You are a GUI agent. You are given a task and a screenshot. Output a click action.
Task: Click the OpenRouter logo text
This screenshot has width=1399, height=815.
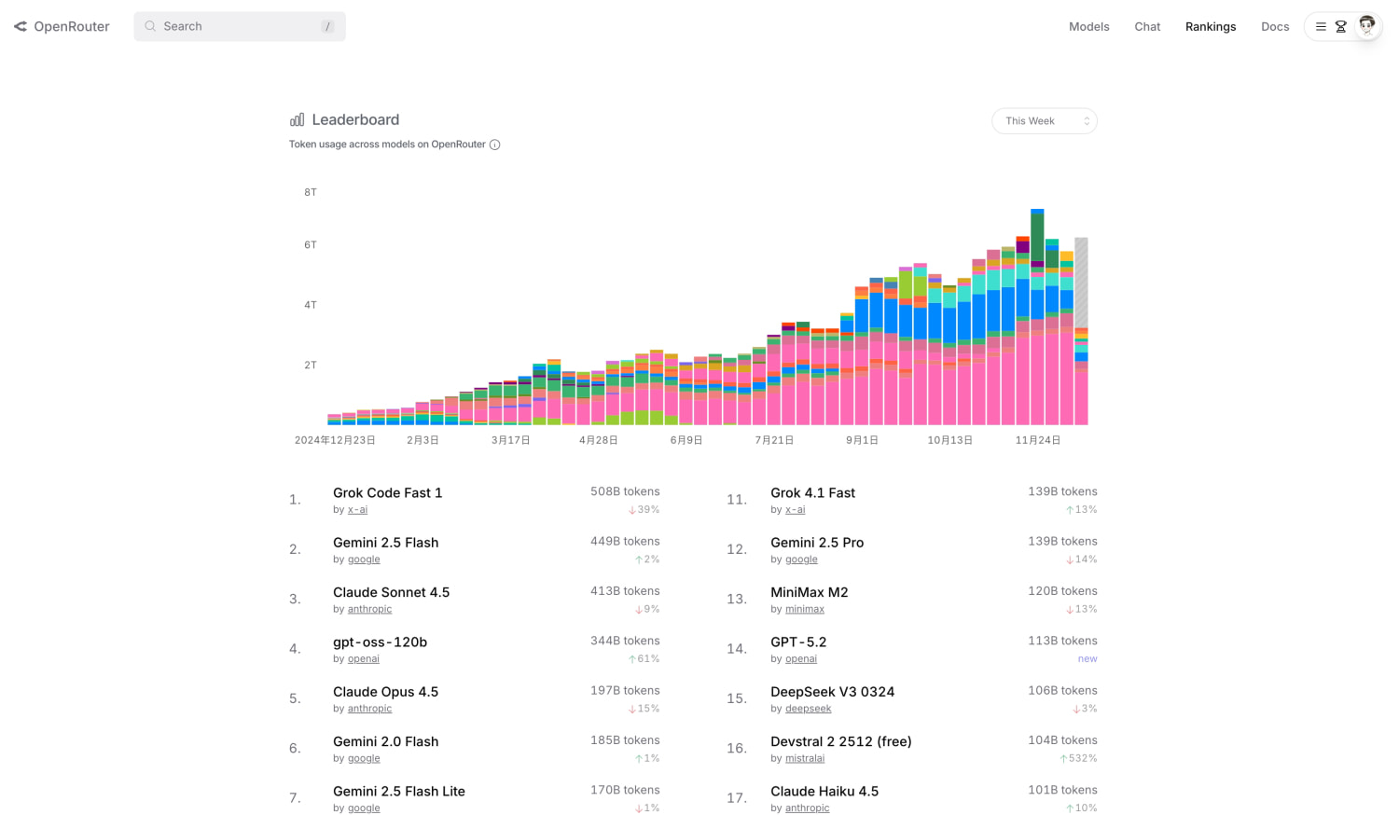click(71, 26)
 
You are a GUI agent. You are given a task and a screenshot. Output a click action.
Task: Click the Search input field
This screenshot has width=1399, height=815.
click(239, 26)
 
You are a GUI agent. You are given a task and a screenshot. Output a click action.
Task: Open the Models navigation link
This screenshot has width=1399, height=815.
click(1088, 26)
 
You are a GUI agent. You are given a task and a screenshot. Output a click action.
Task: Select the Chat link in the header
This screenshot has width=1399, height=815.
click(1147, 26)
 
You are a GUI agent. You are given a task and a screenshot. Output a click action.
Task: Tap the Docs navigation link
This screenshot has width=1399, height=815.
click(1275, 26)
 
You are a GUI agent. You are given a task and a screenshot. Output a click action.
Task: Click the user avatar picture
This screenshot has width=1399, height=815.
click(1366, 26)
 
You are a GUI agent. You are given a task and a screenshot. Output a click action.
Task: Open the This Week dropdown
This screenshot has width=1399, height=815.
click(1045, 120)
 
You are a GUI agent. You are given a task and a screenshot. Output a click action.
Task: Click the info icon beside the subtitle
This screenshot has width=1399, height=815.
click(494, 145)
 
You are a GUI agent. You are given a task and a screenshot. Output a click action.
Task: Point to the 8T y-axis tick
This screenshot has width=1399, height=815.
click(311, 192)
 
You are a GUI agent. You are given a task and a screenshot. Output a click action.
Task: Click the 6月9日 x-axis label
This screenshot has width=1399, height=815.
click(686, 440)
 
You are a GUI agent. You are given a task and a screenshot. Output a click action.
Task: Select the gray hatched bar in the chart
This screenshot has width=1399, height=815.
click(1081, 283)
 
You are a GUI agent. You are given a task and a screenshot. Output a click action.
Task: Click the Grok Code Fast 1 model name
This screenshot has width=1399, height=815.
click(387, 492)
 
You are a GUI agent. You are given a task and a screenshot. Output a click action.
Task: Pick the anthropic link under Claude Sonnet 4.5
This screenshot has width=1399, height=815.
click(369, 609)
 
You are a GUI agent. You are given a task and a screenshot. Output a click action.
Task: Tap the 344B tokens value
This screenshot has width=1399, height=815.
click(625, 641)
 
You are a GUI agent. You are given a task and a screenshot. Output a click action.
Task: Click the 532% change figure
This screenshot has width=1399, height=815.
click(1082, 758)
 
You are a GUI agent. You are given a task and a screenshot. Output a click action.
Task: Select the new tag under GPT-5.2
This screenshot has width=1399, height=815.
click(1087, 659)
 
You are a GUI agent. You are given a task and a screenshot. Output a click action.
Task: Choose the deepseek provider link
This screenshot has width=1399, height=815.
click(809, 708)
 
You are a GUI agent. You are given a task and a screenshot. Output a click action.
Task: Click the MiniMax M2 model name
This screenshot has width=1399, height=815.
click(809, 592)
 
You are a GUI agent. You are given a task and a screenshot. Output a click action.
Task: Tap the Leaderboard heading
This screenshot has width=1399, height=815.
click(355, 119)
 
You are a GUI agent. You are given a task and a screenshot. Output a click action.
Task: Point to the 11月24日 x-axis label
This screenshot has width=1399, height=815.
click(1037, 440)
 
